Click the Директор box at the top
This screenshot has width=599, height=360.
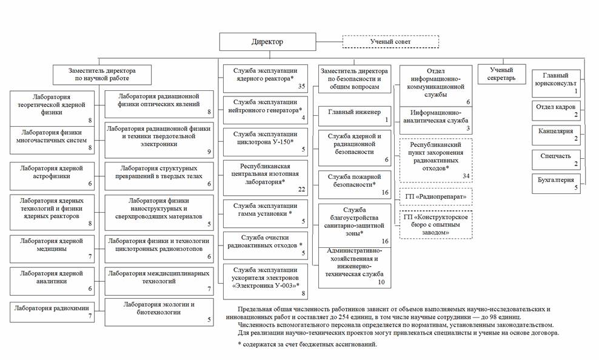[x=267, y=42]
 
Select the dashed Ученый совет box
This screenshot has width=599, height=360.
[x=390, y=42]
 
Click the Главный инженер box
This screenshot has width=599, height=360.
[x=354, y=115]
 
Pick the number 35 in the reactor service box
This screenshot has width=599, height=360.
[x=301, y=86]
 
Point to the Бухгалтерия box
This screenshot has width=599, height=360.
[x=556, y=182]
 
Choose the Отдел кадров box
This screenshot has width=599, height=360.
[x=556, y=110]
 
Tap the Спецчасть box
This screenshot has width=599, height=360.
[x=556, y=159]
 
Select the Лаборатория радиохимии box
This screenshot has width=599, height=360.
[x=52, y=312]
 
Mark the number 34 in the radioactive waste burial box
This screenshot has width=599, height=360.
[x=466, y=176]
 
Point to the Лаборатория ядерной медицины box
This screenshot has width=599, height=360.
[x=52, y=248]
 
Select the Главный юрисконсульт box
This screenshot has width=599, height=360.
[x=556, y=82]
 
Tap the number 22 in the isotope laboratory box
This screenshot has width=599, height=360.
[x=301, y=190]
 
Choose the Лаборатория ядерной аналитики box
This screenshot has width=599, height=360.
[x=52, y=281]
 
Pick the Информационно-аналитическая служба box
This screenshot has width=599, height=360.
[x=436, y=120]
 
